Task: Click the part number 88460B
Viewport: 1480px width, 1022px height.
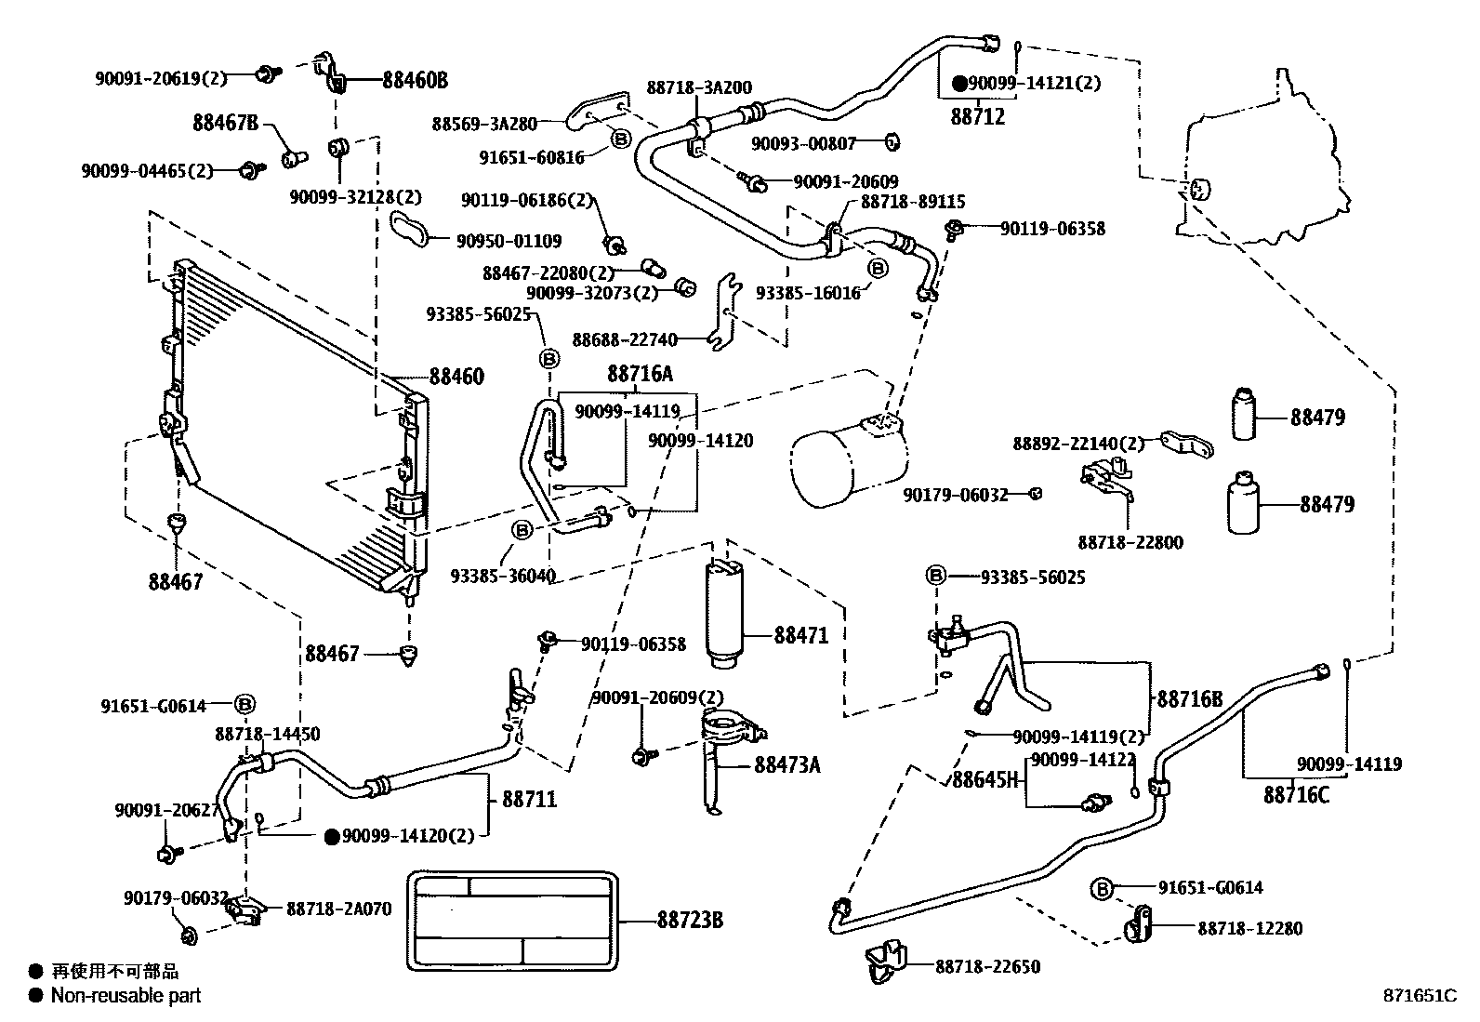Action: [415, 81]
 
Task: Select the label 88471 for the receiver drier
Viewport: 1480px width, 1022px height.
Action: [800, 636]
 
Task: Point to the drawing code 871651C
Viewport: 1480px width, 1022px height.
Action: [1420, 995]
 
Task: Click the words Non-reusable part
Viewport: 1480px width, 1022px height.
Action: [126, 996]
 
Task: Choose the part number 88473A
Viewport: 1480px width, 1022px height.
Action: [787, 764]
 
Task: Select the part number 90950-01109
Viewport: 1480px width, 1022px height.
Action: [509, 241]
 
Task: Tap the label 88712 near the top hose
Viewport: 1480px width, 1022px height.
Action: [977, 117]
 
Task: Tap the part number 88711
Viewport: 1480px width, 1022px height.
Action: [529, 798]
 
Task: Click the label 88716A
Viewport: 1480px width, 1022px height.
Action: [640, 374]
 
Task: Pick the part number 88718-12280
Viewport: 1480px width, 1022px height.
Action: [1249, 928]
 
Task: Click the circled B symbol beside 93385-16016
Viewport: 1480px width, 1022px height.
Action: [877, 268]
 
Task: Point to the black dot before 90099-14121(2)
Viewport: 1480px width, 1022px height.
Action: [959, 84]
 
